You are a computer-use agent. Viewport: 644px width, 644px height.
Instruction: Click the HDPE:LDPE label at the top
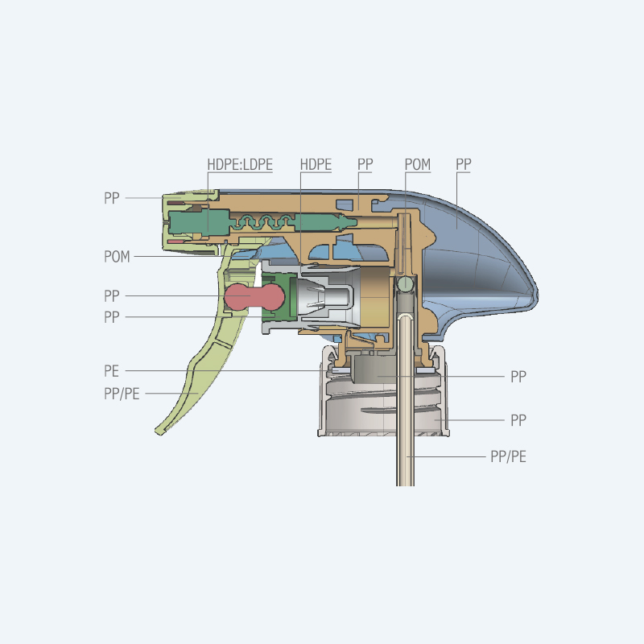(x=240, y=164)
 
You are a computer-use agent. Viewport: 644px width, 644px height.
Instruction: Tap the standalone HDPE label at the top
(x=316, y=164)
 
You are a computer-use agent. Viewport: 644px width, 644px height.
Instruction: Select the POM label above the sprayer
(x=418, y=164)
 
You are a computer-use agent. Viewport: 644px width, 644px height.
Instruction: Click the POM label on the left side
(x=117, y=257)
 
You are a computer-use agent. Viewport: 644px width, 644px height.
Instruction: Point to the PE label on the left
(x=111, y=371)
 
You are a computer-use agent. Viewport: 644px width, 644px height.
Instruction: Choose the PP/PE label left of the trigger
(x=122, y=394)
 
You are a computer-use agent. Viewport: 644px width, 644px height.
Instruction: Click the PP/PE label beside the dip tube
(x=508, y=456)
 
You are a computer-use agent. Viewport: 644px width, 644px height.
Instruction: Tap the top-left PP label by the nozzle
(x=111, y=198)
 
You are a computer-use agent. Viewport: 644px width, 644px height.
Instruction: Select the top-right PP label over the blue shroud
(x=464, y=164)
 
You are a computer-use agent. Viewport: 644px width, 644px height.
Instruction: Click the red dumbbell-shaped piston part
(x=254, y=295)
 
